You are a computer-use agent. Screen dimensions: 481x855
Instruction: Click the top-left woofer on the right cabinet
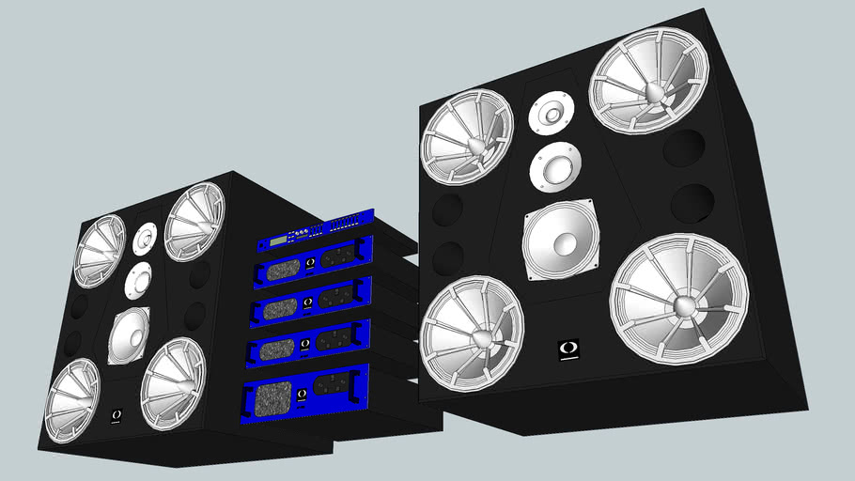click(467, 136)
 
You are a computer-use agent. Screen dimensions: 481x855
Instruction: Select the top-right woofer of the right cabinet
click(647, 80)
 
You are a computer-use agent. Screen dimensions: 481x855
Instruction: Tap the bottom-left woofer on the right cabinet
click(471, 332)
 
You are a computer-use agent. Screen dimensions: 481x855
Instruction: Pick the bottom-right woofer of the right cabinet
click(678, 297)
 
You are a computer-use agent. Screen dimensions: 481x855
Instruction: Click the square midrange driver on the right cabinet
click(561, 239)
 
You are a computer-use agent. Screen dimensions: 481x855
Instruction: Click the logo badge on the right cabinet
click(568, 349)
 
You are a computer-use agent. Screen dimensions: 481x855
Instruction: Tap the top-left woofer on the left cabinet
click(100, 250)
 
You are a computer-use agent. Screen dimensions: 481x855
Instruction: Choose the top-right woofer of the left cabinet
click(194, 222)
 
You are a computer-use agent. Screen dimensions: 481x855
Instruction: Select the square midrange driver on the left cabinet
click(129, 335)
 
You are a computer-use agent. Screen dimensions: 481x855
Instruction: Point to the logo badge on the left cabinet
click(117, 413)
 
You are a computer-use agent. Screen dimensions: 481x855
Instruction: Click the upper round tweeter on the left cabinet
click(144, 239)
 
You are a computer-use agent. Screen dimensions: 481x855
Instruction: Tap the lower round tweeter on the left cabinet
click(138, 280)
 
